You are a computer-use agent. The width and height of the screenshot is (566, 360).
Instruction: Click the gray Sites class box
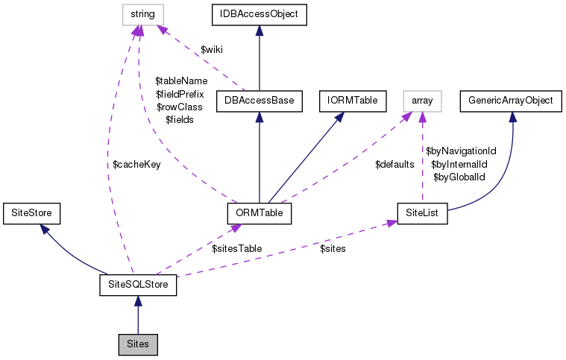138,346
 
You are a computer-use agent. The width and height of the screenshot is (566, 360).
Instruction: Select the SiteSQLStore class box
138,285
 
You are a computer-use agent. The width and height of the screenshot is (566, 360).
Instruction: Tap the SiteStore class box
31,213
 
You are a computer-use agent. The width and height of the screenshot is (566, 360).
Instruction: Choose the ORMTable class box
258,213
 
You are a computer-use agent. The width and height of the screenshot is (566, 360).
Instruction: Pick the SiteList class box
422,213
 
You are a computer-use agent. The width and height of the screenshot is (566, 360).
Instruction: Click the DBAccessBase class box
258,101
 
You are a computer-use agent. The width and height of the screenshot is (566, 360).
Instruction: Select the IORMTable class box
340,101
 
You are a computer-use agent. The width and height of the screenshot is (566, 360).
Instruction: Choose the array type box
422,101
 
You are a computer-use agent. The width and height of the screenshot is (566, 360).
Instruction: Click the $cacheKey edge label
136,165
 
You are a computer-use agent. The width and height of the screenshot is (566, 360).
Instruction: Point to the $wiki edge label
213,49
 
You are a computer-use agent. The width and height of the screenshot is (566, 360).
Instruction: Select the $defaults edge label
394,164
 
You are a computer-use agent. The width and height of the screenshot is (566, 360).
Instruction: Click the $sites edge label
333,248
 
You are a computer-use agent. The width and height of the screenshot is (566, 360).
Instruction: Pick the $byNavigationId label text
461,151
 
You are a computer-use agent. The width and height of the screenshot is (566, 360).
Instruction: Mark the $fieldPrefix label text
179,94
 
